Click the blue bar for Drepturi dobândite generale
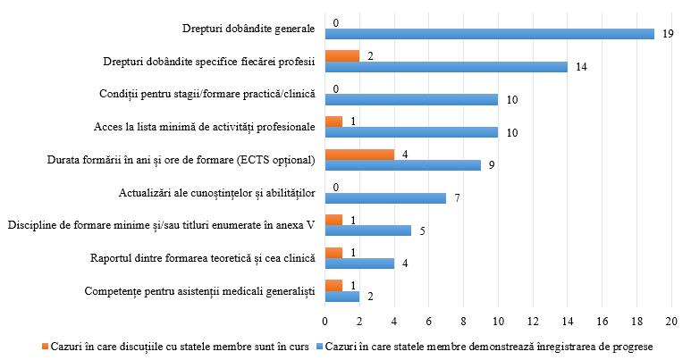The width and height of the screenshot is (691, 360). (x=489, y=34)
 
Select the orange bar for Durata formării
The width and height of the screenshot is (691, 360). (x=358, y=153)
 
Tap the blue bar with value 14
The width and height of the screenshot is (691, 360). (x=445, y=66)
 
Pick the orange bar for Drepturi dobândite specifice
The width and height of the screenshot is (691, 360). (x=341, y=55)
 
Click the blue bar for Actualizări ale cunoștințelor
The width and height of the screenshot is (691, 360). (x=384, y=197)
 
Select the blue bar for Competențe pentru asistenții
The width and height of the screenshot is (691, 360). (x=341, y=296)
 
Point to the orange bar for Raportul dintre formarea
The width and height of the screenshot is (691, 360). (x=333, y=252)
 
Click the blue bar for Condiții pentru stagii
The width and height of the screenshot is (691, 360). (x=410, y=99)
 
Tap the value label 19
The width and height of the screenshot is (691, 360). (x=667, y=34)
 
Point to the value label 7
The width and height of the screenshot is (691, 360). (x=456, y=197)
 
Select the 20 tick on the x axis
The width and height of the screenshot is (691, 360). (x=671, y=319)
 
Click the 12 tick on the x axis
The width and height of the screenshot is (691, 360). (x=533, y=319)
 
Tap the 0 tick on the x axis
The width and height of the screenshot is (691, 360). (x=324, y=319)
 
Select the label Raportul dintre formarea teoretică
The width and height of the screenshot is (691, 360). (x=203, y=258)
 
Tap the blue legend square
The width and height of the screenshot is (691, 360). (x=319, y=346)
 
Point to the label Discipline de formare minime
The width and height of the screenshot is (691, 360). (x=162, y=225)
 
